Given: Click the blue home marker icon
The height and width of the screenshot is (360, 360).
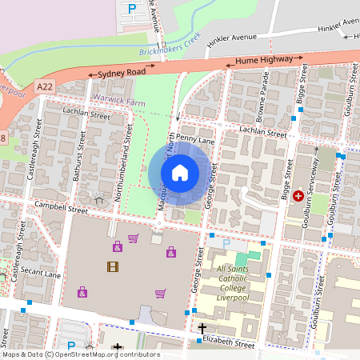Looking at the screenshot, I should pos(180,172).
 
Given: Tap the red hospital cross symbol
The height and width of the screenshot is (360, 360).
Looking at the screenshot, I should pos(299,195).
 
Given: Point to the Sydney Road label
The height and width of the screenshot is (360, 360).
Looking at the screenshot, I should pos(122,73).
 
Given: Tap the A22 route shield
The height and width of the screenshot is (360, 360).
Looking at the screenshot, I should pos(45,82).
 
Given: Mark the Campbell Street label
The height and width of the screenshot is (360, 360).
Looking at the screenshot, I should pos(60,208).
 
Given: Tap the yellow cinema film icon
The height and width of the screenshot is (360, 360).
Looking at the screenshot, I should pos(112,266).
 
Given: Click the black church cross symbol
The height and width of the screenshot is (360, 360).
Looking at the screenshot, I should pos(202,328).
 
